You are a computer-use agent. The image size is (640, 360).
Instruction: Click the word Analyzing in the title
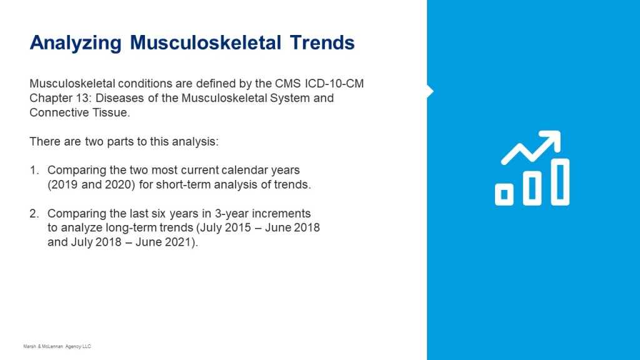[76, 43]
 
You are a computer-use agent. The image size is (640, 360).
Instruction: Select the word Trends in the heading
[322, 42]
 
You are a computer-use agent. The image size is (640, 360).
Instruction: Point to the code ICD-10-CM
[334, 84]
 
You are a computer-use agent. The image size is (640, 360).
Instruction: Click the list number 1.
[34, 170]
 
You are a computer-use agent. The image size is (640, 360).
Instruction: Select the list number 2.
[34, 214]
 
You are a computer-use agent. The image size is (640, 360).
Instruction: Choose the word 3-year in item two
[231, 214]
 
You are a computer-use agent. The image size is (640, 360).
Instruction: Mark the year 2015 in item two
[237, 227]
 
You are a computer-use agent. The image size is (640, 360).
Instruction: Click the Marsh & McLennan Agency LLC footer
[57, 346]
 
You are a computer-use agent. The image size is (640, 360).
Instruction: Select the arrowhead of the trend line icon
[552, 139]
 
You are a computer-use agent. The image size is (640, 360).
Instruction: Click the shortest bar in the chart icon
[504, 195]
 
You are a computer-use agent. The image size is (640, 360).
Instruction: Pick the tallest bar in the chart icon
[560, 182]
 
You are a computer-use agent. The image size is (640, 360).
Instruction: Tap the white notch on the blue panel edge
[430, 91]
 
